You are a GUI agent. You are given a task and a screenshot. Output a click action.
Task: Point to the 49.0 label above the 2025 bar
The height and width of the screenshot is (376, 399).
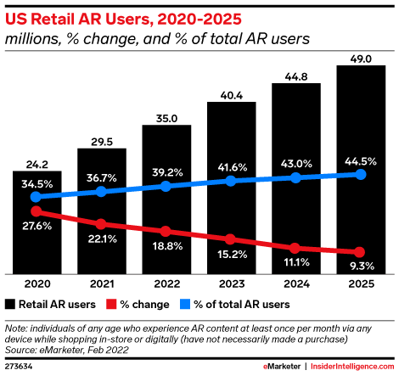click(360, 59)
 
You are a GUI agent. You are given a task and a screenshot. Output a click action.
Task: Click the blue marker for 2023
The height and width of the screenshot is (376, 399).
click(231, 182)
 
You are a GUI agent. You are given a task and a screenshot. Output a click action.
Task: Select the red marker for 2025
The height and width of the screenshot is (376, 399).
click(360, 253)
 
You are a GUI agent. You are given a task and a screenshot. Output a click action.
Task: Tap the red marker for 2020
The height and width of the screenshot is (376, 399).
click(37, 210)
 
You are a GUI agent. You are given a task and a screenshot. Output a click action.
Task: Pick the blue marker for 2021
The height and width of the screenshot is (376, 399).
click(102, 192)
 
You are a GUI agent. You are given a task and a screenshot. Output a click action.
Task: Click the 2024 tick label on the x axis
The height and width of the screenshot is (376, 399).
click(295, 285)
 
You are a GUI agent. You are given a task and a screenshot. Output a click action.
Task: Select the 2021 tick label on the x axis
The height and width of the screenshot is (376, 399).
click(102, 285)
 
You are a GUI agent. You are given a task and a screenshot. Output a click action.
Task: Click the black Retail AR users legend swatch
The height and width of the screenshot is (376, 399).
click(10, 304)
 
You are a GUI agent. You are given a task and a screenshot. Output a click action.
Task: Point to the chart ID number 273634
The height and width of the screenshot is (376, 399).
click(19, 366)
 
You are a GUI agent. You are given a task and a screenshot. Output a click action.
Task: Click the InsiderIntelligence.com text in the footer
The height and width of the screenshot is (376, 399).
click(348, 366)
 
